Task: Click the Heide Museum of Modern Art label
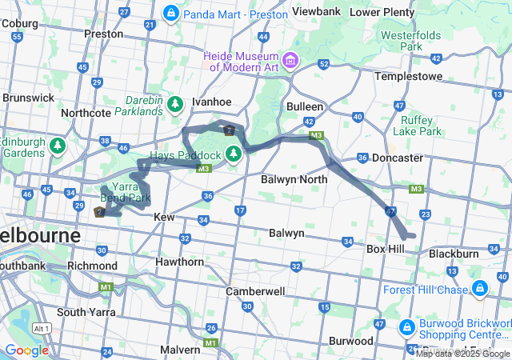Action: (x=240, y=62)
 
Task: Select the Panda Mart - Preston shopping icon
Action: (x=170, y=14)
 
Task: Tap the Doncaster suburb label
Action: (x=396, y=158)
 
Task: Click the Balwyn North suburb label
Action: (x=294, y=179)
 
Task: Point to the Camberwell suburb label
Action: (x=254, y=291)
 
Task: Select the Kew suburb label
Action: (x=163, y=217)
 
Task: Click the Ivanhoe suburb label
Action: (x=211, y=102)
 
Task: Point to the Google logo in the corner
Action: (x=26, y=350)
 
